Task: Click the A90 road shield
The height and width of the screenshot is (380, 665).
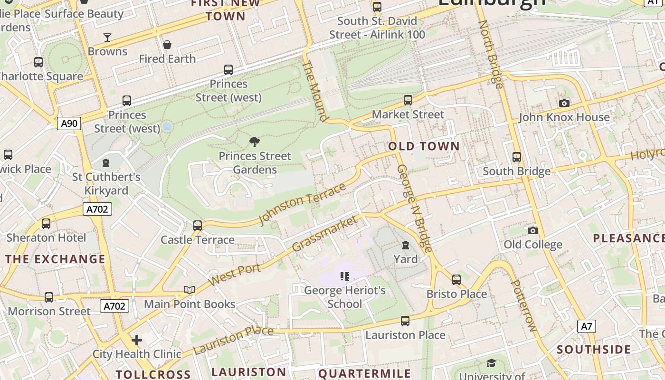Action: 69,123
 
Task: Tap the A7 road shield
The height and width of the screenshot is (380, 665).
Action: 587,326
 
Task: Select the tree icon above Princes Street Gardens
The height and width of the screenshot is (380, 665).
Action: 255,142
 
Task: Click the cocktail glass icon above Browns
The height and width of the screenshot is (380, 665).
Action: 107,37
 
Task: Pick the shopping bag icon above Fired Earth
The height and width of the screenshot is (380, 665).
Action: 167,45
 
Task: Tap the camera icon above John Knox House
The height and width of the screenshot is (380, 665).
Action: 564,103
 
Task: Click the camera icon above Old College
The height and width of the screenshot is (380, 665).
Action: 533,230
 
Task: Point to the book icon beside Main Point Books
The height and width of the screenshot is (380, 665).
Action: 189,290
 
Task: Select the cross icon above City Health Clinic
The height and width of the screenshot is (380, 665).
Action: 137,340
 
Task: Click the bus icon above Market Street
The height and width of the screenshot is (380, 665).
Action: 408,100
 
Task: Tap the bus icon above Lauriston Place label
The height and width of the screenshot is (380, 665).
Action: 405,321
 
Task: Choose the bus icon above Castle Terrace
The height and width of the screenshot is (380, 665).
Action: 198,226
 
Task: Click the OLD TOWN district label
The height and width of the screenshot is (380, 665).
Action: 424,146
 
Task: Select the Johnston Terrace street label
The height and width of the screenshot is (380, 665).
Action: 302,204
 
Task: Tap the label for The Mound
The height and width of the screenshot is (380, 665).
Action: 315,91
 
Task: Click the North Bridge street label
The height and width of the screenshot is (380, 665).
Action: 491,54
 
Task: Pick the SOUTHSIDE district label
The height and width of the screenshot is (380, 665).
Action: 594,350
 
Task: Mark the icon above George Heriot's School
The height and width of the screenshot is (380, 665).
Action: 345,276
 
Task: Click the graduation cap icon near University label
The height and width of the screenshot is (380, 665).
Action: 491,363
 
